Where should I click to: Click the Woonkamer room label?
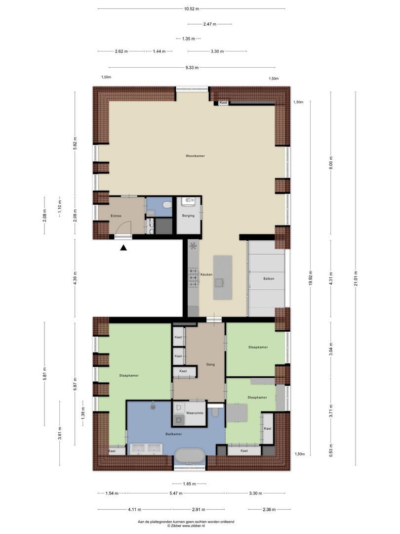click(x=195, y=156)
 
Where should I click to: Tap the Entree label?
click(x=116, y=216)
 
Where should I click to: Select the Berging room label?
click(x=188, y=216)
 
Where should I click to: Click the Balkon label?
click(x=269, y=278)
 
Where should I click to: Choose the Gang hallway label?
click(x=210, y=364)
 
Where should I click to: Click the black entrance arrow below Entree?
click(x=123, y=248)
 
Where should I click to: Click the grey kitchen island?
click(x=223, y=277)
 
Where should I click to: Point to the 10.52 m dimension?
click(x=191, y=9)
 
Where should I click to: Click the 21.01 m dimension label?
click(x=356, y=281)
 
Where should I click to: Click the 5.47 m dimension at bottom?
click(x=175, y=493)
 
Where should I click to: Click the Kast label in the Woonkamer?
click(x=224, y=103)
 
